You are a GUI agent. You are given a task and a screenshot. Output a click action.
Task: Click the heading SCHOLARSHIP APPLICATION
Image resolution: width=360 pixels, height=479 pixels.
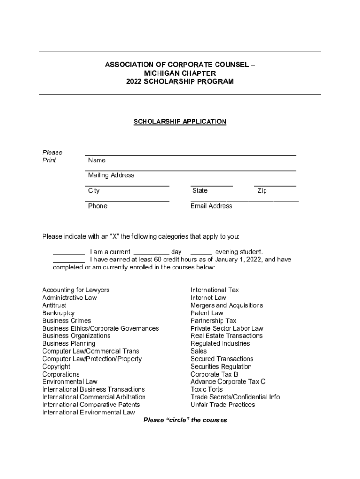coord(180,122)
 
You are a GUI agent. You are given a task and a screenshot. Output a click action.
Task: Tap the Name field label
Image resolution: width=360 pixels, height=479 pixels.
coord(97,160)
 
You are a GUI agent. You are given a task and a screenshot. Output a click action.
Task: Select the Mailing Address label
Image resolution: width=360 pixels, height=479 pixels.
coord(111,175)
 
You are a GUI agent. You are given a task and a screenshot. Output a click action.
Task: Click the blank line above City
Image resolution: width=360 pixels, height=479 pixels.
coord(127,186)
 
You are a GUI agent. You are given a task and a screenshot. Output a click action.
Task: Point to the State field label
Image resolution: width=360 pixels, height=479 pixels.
coord(200,191)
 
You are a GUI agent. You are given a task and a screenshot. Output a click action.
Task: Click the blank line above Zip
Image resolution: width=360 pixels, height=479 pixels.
coord(275,186)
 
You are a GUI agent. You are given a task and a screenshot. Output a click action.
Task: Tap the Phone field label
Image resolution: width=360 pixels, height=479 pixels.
coord(97,206)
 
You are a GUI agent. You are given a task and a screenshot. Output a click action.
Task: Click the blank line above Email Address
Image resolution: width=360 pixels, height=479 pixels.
coord(245,201)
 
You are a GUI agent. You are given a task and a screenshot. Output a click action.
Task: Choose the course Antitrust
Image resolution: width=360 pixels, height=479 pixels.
coord(54,305)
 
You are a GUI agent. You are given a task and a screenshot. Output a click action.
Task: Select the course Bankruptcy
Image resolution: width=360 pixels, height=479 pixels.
coord(58,313)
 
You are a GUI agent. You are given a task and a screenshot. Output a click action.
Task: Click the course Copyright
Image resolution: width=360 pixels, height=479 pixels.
coord(56,367)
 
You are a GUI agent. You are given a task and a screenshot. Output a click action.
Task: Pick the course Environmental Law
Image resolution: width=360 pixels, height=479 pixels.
coord(70,382)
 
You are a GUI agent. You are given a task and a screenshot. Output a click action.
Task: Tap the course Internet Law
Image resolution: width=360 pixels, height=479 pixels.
coord(208,298)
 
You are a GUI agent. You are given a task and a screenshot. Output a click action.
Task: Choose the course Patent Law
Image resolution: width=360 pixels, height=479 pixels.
coord(207,313)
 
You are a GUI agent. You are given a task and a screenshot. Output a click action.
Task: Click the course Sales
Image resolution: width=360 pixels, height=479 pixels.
coord(198,351)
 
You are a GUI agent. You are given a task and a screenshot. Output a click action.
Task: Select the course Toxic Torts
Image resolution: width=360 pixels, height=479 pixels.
coord(207,389)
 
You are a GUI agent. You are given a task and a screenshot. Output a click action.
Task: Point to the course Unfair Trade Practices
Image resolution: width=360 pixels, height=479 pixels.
coord(223,405)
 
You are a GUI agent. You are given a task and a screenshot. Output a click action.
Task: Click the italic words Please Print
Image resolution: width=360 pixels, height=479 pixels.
coord(52,156)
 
